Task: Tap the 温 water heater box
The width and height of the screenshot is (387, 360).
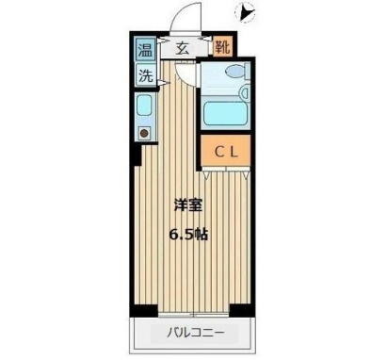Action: [x=147, y=50]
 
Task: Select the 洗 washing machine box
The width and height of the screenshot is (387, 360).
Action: [x=147, y=76]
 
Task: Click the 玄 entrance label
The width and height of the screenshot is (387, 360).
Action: [x=184, y=48]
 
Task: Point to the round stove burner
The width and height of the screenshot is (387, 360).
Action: [x=145, y=134]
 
